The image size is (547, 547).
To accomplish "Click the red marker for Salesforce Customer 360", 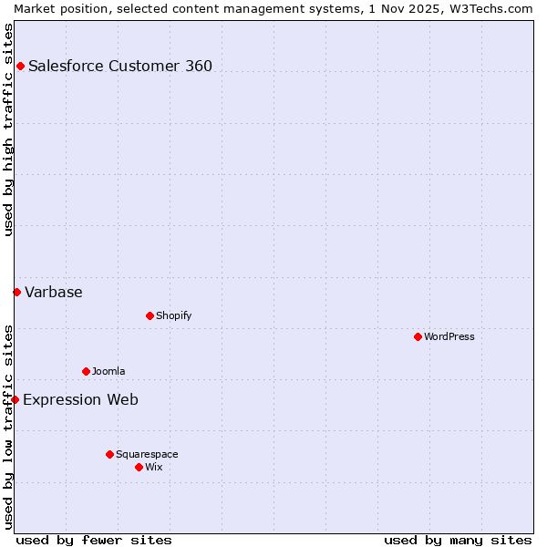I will pyautogui.click(x=20, y=66).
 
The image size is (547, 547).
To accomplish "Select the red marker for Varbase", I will pyautogui.click(x=16, y=292).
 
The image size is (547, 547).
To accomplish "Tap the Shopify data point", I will pyautogui.click(x=150, y=315).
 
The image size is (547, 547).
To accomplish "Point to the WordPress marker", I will pyautogui.click(x=418, y=336).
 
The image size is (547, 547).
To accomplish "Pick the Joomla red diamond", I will pyautogui.click(x=86, y=371).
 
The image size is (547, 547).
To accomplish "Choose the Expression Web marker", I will pyautogui.click(x=15, y=399).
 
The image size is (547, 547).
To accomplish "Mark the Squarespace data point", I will pyautogui.click(x=109, y=454).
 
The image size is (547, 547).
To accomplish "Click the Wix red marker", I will pyautogui.click(x=139, y=467).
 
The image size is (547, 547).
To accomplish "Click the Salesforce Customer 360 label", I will pyautogui.click(x=120, y=66).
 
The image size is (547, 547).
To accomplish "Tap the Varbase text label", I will pyautogui.click(x=54, y=292).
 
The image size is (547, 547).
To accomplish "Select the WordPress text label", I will pyautogui.click(x=449, y=336).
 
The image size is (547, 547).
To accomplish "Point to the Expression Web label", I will pyautogui.click(x=81, y=399).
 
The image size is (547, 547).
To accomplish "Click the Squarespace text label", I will pyautogui.click(x=147, y=454).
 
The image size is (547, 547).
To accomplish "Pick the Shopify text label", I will pyautogui.click(x=173, y=315).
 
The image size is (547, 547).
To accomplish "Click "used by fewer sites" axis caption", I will pyautogui.click(x=94, y=540).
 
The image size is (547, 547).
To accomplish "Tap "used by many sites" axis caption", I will pyautogui.click(x=458, y=540).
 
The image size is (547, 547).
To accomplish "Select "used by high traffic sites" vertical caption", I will pyautogui.click(x=8, y=129).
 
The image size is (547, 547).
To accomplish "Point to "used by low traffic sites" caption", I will pyautogui.click(x=8, y=426).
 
